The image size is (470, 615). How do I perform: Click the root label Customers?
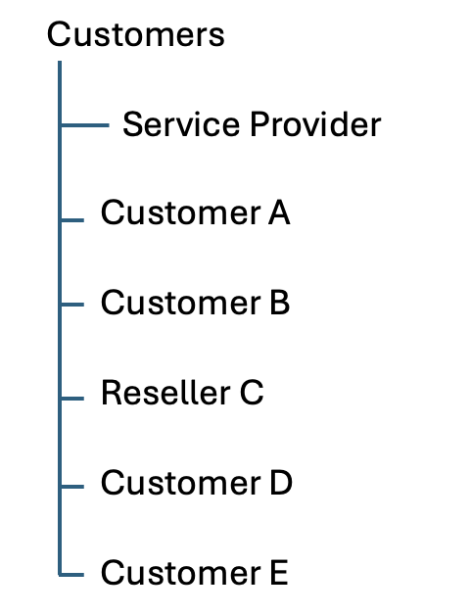tap(135, 35)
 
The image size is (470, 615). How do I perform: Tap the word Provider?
tap(312, 125)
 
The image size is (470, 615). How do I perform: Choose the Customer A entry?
tap(195, 213)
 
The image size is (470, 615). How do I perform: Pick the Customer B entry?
tap(195, 304)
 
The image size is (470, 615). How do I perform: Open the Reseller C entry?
tap(182, 394)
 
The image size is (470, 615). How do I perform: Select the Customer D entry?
tap(196, 483)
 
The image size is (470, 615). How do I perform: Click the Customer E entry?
tap(194, 573)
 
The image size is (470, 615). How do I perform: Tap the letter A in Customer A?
tap(278, 213)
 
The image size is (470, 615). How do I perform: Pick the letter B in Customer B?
tap(278, 304)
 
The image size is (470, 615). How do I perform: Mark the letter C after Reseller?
tap(252, 394)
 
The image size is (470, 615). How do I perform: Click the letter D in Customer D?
tap(280, 483)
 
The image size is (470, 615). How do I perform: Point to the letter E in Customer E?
tap(277, 573)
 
